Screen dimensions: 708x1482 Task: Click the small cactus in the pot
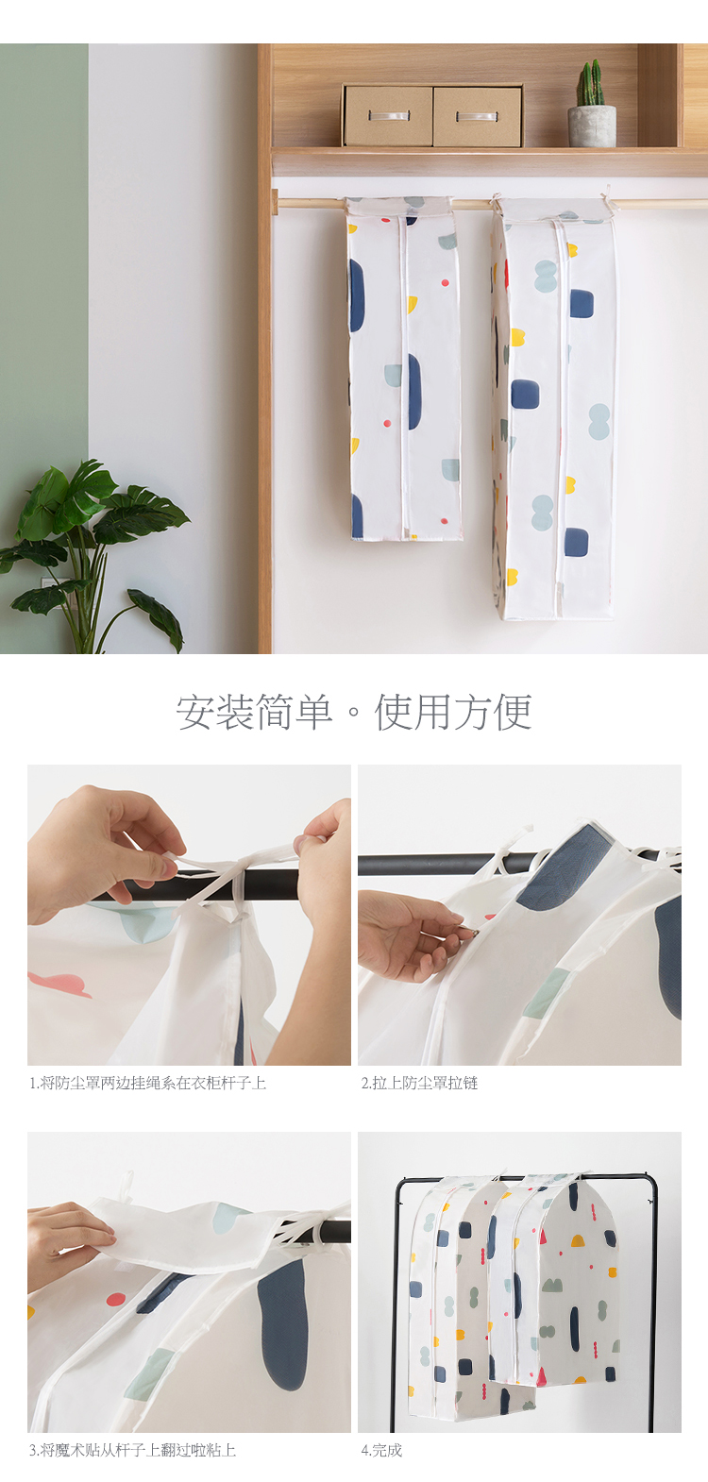[x=590, y=83]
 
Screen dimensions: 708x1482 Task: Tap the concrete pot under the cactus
[x=592, y=126]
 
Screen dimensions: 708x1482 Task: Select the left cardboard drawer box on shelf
[x=388, y=116]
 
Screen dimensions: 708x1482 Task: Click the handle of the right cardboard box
[x=476, y=117]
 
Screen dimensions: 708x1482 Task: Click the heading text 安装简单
[x=254, y=713]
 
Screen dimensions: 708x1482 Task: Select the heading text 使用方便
[x=453, y=713]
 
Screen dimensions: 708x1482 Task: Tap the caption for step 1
[x=147, y=1083]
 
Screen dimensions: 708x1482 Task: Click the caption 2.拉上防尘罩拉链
[x=419, y=1083]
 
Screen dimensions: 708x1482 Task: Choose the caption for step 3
[x=132, y=1450]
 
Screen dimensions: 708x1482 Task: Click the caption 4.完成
[x=381, y=1450]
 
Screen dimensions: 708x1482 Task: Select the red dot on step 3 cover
[x=116, y=1299]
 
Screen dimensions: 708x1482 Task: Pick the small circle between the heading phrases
[x=353, y=714]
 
